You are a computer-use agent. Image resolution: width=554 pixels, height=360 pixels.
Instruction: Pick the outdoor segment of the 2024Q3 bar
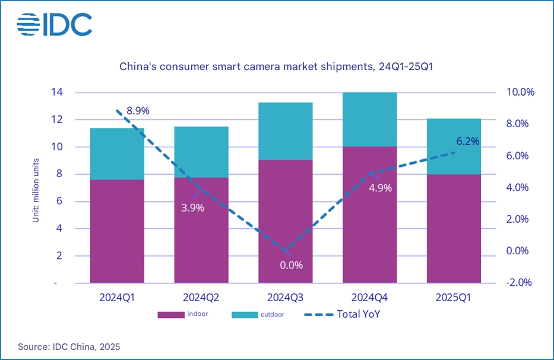click(285, 131)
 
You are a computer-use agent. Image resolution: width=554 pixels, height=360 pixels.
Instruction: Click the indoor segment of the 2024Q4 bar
click(369, 214)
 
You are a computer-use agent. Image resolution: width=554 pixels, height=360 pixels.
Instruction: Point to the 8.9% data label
click(137, 111)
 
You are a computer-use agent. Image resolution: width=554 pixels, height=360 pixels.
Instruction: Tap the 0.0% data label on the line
click(291, 265)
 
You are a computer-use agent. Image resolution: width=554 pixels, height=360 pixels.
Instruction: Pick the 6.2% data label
click(467, 141)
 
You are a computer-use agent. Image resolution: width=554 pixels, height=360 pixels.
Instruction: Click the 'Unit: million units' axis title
click(35, 190)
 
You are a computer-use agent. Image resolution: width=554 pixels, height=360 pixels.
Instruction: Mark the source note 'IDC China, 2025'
click(69, 346)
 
